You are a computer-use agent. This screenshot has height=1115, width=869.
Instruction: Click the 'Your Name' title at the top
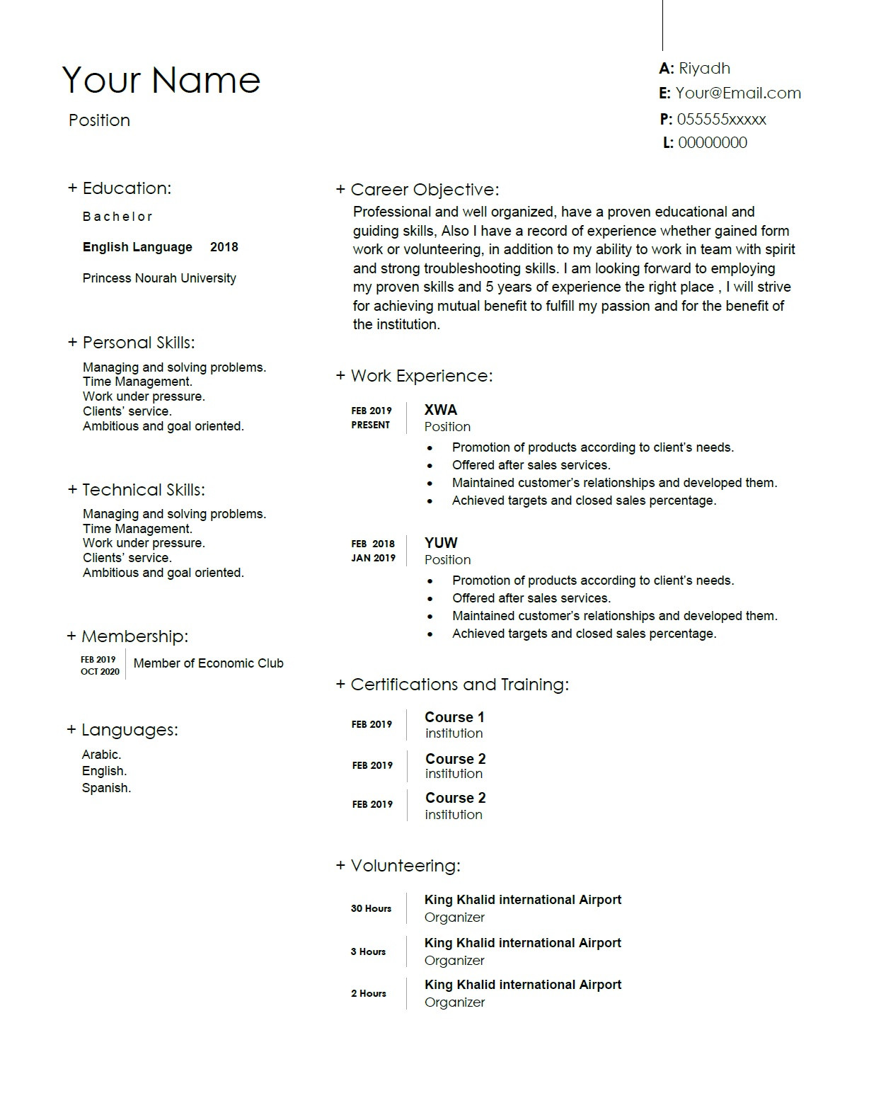click(161, 79)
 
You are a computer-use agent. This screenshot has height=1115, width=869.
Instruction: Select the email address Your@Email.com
click(738, 93)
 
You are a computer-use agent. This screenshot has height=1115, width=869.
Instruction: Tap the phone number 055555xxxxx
click(721, 119)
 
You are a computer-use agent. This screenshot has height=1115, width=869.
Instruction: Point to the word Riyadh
click(704, 69)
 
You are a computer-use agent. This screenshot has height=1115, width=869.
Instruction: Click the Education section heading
click(126, 188)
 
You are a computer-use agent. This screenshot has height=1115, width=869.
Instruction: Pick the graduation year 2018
click(224, 247)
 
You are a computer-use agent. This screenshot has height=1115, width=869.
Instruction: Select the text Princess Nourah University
click(159, 278)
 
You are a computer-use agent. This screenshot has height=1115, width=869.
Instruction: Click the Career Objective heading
click(424, 190)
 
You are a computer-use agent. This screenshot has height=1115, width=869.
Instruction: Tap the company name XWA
click(440, 410)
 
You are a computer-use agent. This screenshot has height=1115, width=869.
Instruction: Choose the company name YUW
click(440, 543)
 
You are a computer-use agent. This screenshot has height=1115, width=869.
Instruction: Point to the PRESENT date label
click(370, 425)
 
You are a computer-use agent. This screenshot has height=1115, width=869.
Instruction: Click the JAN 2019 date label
click(373, 558)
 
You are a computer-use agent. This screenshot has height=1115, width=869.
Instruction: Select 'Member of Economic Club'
click(208, 663)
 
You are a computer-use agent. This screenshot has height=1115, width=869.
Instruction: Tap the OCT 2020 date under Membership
click(100, 671)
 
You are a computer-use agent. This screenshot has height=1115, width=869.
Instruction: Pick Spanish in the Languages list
click(106, 788)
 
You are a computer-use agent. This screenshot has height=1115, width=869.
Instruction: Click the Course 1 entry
click(454, 717)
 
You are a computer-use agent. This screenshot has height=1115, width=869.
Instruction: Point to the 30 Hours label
click(371, 908)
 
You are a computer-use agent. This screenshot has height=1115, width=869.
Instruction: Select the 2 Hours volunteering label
click(368, 993)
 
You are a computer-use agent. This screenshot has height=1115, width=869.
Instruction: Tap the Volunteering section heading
click(405, 866)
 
